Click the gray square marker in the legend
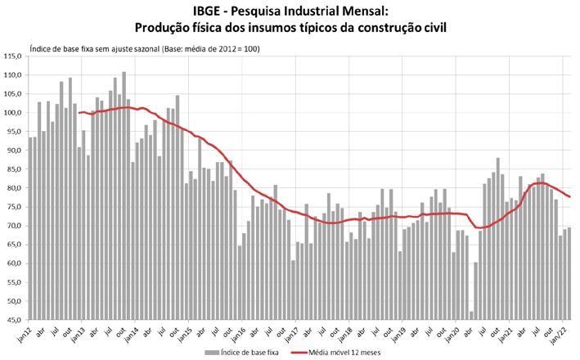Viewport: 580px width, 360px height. click(x=211, y=352)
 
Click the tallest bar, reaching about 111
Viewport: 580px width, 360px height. click(x=124, y=196)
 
